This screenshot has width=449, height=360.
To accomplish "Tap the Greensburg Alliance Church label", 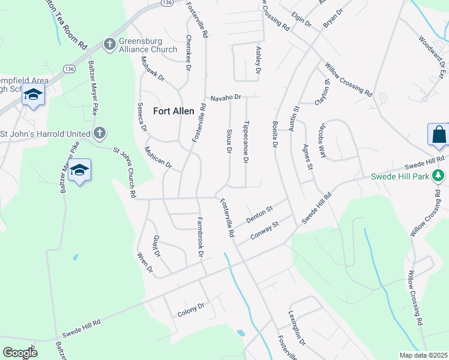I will (148, 45).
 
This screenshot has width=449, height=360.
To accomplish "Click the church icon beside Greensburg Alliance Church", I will (109, 44).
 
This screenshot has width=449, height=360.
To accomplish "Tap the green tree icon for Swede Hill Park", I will (439, 176).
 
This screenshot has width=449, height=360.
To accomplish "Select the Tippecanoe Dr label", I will (246, 142).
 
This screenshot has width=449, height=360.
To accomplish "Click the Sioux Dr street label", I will (229, 140).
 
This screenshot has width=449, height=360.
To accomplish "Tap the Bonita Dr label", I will (275, 134).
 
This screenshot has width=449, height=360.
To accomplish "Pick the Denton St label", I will (259, 214).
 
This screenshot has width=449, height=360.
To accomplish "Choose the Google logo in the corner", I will (19, 352).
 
